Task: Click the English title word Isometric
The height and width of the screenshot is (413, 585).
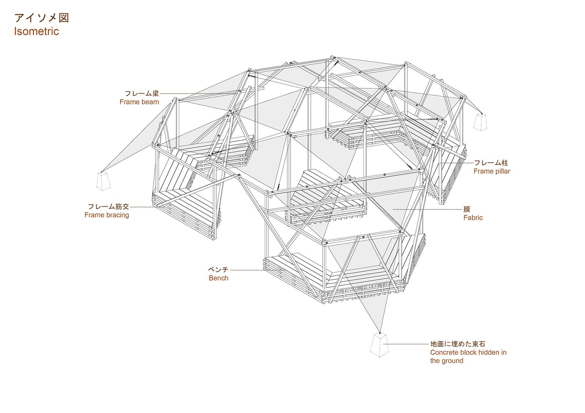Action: (37, 31)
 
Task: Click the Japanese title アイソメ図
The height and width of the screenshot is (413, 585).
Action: (42, 18)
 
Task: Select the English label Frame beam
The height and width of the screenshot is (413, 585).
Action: (139, 102)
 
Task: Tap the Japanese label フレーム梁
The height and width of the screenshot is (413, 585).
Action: (142, 93)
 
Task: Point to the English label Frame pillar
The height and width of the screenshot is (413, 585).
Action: (492, 171)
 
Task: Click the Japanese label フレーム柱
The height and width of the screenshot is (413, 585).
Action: (491, 163)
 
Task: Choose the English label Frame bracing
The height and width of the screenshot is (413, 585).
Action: (106, 215)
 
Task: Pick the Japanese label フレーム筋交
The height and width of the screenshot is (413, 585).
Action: (108, 207)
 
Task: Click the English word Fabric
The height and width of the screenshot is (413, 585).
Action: (473, 218)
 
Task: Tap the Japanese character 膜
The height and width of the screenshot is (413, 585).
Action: (467, 209)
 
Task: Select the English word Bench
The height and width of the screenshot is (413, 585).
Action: (219, 278)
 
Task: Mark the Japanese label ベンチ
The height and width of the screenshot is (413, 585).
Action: (218, 269)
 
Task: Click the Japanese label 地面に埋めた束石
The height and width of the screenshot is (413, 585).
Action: (458, 344)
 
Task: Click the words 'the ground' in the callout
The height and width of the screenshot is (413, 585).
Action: (446, 361)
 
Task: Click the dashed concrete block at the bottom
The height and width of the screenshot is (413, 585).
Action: (379, 344)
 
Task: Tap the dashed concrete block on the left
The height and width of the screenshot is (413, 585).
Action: (103, 181)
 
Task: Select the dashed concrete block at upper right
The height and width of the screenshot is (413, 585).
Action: (480, 122)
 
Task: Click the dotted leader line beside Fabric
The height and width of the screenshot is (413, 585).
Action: (427, 209)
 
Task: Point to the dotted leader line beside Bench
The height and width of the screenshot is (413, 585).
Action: (258, 270)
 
